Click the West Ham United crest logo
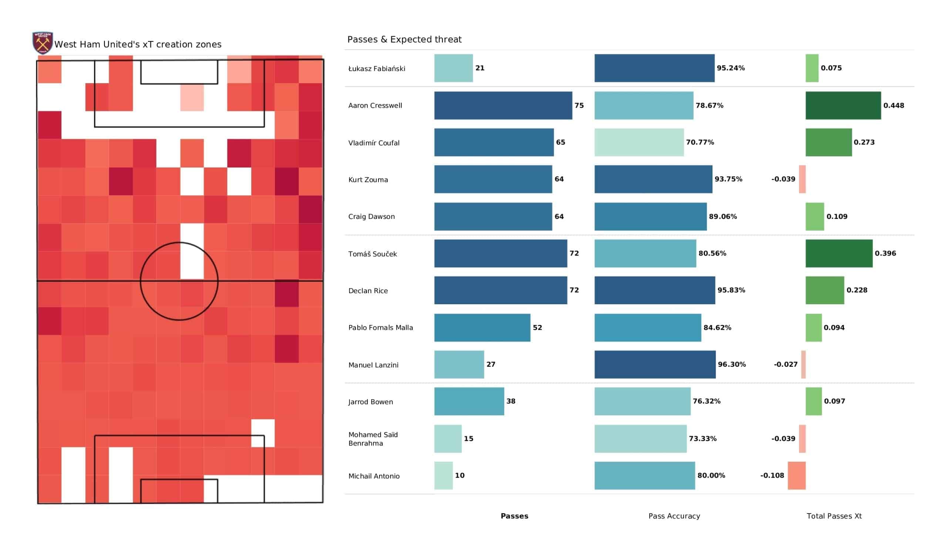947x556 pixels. tap(43, 43)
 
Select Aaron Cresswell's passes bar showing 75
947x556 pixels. tap(503, 106)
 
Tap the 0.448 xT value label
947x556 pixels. tap(893, 106)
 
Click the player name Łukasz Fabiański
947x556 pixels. tap(377, 69)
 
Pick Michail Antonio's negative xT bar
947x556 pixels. tap(796, 476)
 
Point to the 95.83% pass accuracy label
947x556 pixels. tap(731, 290)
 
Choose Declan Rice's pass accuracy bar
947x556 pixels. tap(654, 290)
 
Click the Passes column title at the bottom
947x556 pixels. tap(514, 516)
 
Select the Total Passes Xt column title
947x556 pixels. tap(834, 516)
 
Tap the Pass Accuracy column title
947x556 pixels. tap(674, 516)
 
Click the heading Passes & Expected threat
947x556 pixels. tap(404, 40)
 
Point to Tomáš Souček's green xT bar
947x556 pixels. tap(839, 254)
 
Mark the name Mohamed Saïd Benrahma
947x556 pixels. tap(373, 439)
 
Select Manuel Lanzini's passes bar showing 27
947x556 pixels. tap(459, 365)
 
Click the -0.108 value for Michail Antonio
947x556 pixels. tap(772, 476)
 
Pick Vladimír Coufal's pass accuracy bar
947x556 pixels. tap(639, 142)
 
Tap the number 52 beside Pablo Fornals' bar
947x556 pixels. tap(537, 328)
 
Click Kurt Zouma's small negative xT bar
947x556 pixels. tap(802, 179)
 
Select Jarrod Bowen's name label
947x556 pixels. tap(370, 402)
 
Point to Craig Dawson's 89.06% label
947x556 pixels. tap(723, 217)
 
